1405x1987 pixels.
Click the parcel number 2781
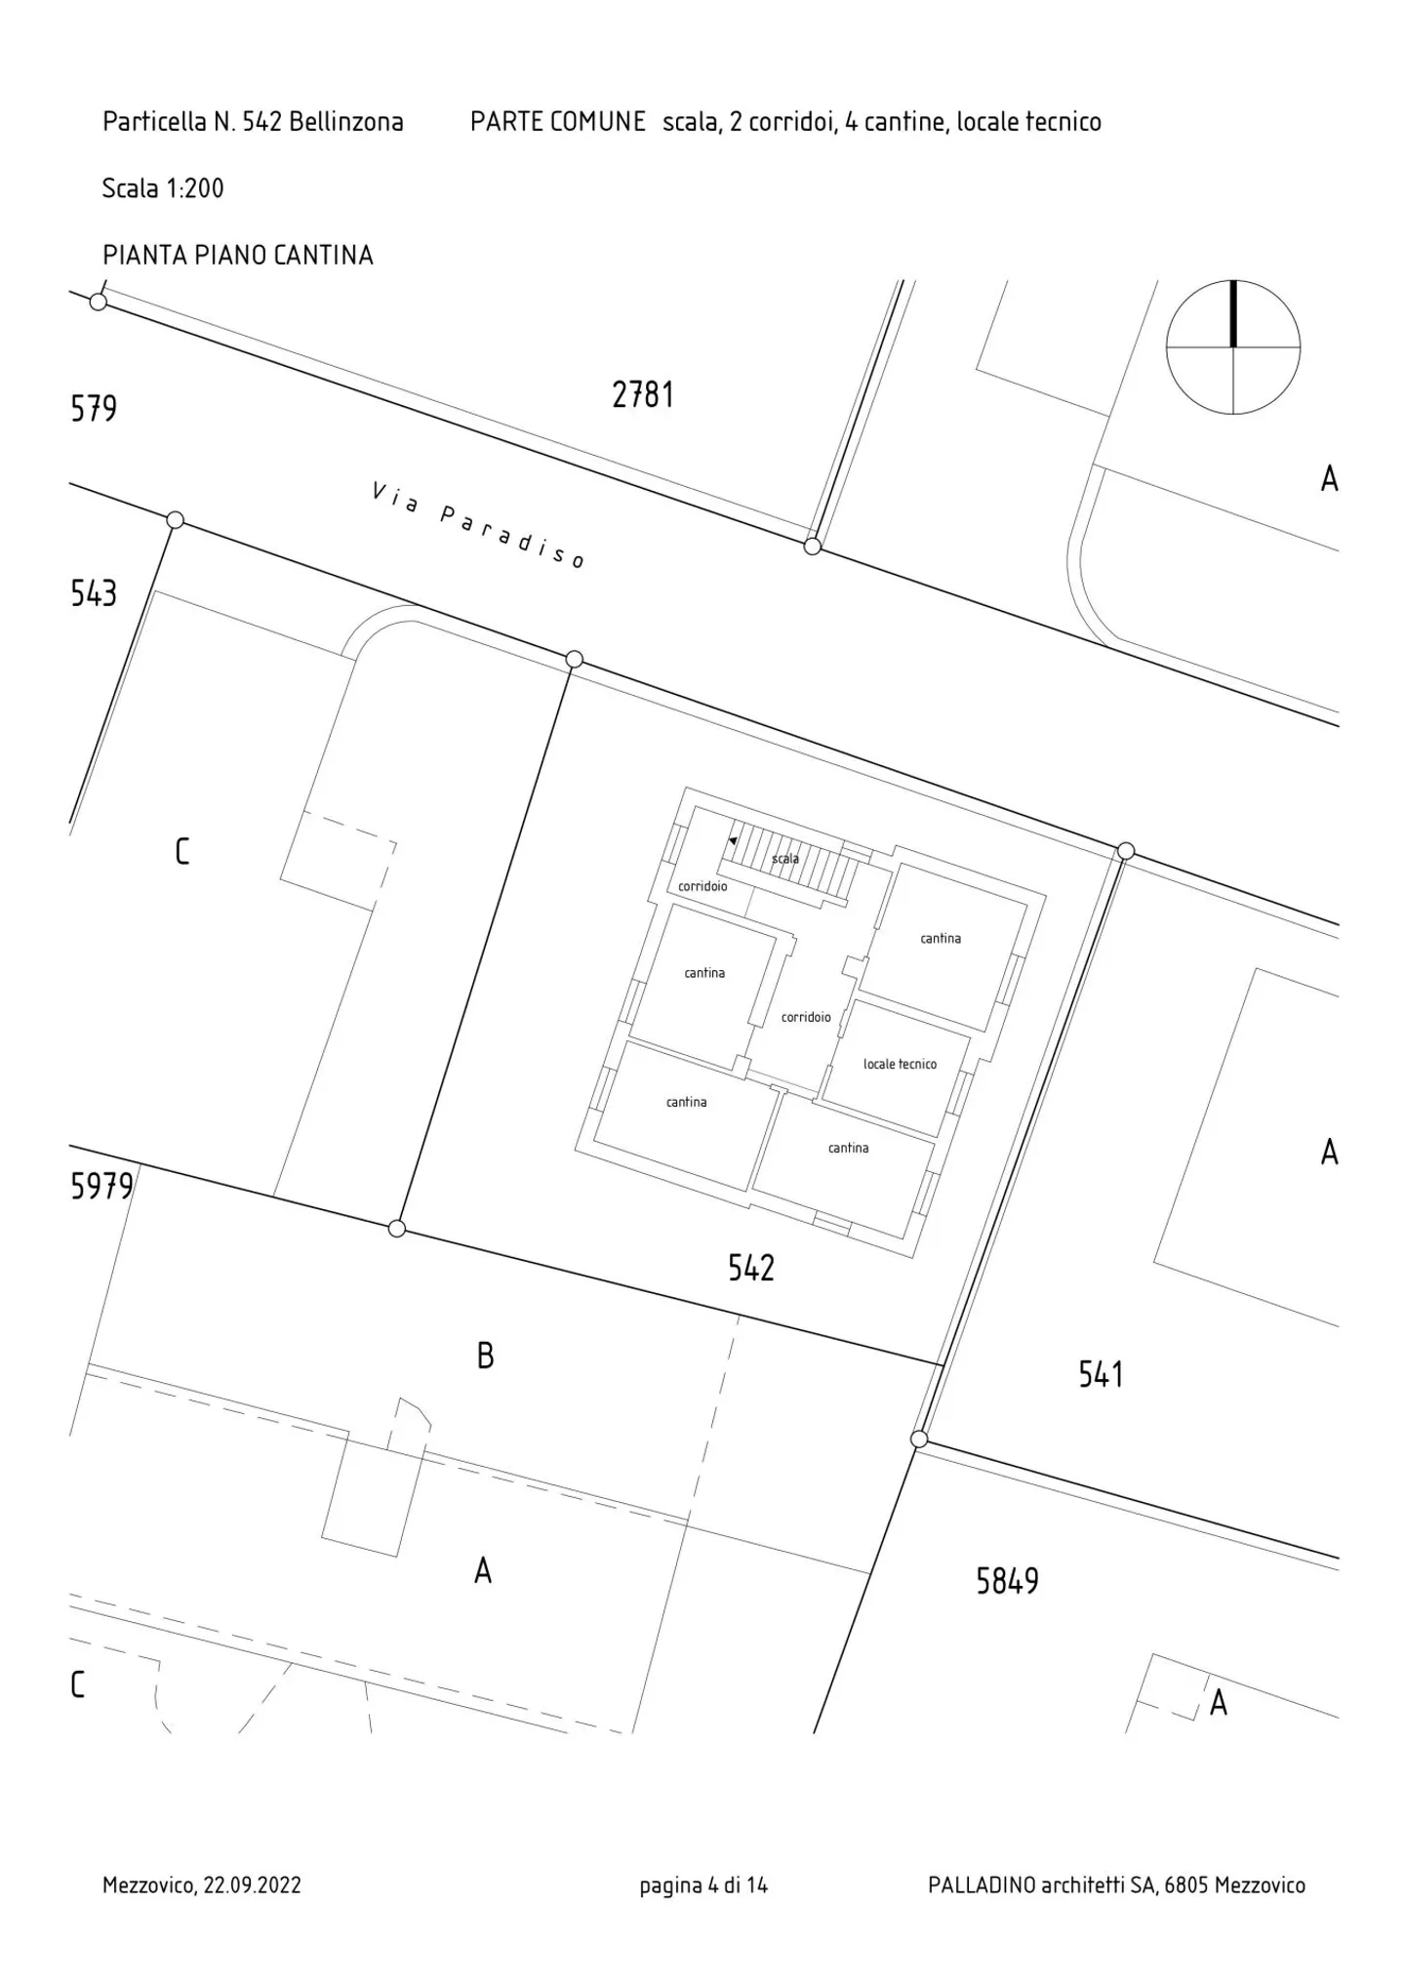tap(643, 395)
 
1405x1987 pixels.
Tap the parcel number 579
tap(94, 408)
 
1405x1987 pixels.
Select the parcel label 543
tap(94, 593)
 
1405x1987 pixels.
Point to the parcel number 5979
tap(101, 1186)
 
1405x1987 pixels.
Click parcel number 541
tap(1102, 1375)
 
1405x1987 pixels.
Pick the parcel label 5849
tap(1008, 1581)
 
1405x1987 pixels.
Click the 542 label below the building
tap(751, 1268)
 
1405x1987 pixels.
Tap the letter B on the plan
tap(485, 1356)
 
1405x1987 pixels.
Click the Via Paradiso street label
tap(478, 524)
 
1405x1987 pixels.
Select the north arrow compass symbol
tap(1233, 347)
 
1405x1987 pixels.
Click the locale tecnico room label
tap(900, 1064)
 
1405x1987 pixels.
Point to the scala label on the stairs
tap(785, 859)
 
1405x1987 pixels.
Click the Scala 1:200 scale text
tap(163, 188)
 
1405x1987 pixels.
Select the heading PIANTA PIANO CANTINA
tap(238, 256)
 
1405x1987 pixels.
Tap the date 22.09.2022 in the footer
tap(252, 1885)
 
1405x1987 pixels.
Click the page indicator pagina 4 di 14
tap(703, 1885)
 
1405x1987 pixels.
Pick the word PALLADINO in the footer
tap(982, 1885)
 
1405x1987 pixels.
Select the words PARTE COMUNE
tap(558, 122)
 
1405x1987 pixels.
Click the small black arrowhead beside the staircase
tap(733, 839)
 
